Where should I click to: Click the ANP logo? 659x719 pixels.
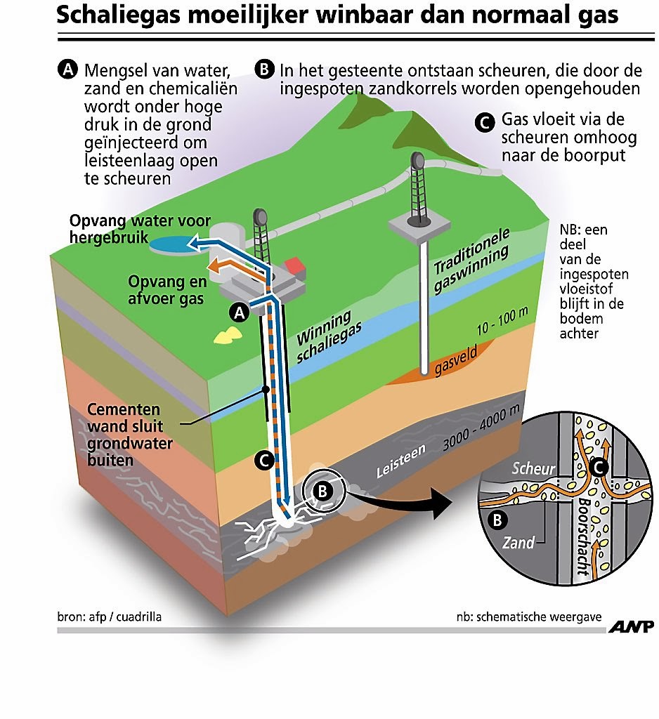click(631, 626)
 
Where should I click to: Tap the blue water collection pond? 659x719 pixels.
click(172, 245)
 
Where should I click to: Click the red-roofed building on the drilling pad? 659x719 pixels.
click(295, 268)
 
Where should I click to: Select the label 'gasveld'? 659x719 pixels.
click(456, 360)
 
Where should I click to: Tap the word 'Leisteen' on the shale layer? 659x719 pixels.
click(400, 461)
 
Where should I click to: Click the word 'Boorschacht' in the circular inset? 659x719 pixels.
click(583, 536)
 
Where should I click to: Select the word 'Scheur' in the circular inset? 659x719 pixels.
click(533, 468)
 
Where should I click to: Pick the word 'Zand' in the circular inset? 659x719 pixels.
click(518, 543)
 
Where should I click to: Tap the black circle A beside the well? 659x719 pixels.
click(239, 312)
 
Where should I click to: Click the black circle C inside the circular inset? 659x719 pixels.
click(599, 468)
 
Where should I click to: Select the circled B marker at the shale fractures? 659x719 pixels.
click(322, 491)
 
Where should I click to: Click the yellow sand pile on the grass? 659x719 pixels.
click(228, 336)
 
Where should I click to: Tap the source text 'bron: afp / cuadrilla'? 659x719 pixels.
click(109, 616)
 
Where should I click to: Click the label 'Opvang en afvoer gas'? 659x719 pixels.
click(167, 290)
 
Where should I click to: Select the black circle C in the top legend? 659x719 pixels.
click(485, 123)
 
